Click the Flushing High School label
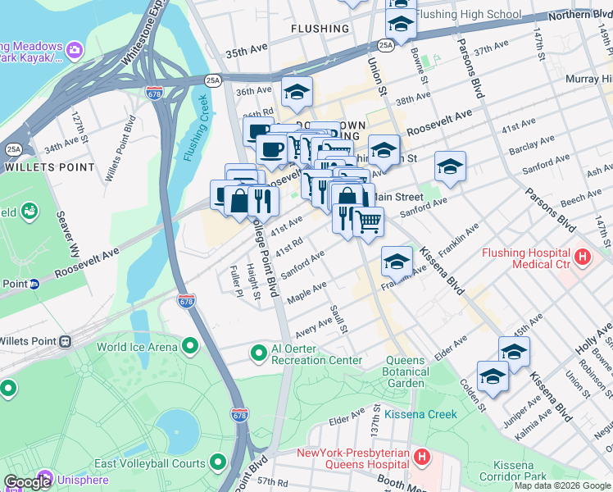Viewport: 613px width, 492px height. pyautogui.click(x=468, y=14)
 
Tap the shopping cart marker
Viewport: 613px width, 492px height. pyautogui.click(x=369, y=221)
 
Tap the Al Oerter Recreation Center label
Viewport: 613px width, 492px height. pyautogui.click(x=316, y=360)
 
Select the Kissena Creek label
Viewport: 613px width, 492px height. pyautogui.click(x=420, y=414)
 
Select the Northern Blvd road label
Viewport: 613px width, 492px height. pyautogui.click(x=579, y=15)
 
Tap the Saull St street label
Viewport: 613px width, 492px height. pyautogui.click(x=339, y=320)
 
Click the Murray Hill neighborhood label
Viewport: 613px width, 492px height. pyautogui.click(x=588, y=79)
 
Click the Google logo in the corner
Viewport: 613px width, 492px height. pyautogui.click(x=27, y=482)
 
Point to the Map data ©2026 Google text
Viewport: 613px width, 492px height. pyautogui.click(x=561, y=485)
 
